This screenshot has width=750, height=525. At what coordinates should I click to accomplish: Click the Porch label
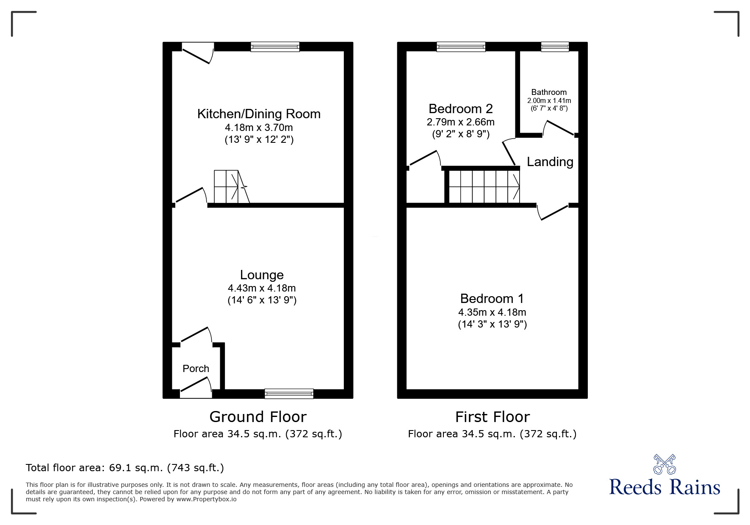pos(196,369)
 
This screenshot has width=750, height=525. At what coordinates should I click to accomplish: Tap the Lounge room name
pos(262,275)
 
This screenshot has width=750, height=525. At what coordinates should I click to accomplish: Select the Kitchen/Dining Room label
pos(259,114)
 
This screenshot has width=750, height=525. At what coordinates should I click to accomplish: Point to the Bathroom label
pos(549,92)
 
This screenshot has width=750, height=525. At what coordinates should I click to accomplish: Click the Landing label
pos(550,162)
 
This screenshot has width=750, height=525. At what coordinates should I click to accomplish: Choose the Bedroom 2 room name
pos(461,109)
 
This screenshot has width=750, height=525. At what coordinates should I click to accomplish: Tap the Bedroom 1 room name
pos(492,299)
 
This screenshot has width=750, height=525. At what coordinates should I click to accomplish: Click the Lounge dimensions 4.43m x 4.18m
pos(262,288)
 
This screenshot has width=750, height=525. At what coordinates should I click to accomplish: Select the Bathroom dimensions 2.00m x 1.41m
pos(549,101)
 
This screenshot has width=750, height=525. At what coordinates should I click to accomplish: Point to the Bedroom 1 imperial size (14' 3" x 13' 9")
pos(492,325)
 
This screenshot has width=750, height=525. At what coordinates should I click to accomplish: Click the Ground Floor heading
pos(258,417)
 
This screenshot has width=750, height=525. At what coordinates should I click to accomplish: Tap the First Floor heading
pos(493,417)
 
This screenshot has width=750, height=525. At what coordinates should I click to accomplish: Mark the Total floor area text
pos(125,468)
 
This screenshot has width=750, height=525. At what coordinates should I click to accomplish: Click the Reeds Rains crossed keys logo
pos(664,464)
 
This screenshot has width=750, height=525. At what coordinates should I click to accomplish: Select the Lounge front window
pos(289,394)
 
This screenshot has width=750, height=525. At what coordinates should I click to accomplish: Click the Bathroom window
pos(555,47)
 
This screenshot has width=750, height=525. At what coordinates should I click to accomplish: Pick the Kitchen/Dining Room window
pos(275,47)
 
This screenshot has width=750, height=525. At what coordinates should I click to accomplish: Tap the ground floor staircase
pos(231,187)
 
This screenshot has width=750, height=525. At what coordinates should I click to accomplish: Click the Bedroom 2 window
pos(461,47)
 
